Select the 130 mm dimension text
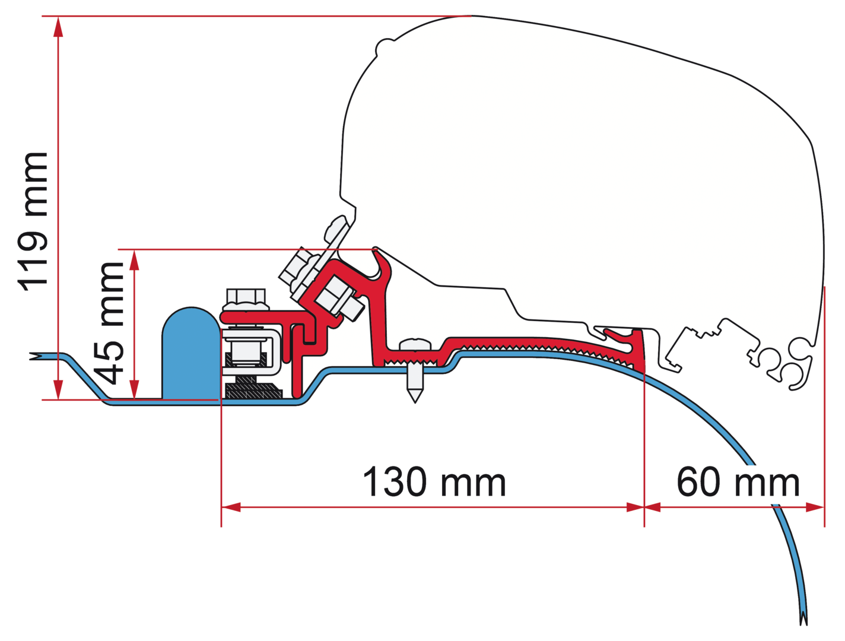(x=434, y=482)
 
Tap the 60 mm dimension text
(x=738, y=482)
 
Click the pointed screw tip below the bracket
(x=414, y=392)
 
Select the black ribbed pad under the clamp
(x=252, y=391)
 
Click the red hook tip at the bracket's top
(x=376, y=252)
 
